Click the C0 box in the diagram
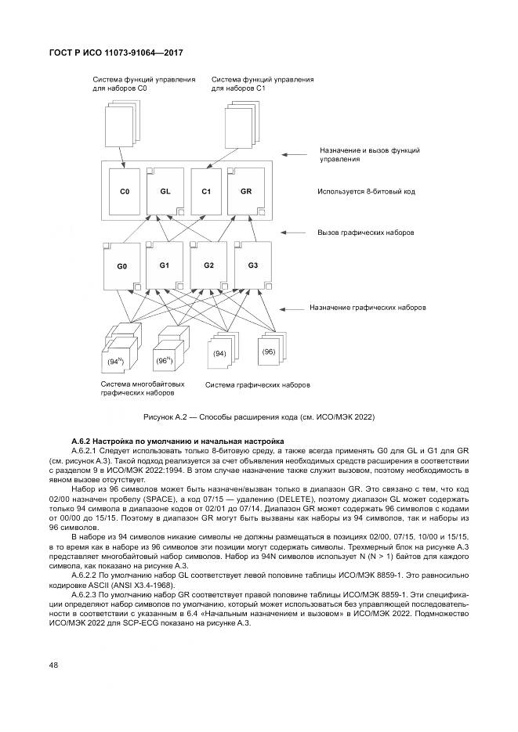coord(124,191)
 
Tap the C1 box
coord(206,191)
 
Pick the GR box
coord(245,191)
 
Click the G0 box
coord(122,266)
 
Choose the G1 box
coord(164,265)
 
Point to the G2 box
coord(208,265)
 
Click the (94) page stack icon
coord(220,352)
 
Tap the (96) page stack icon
coord(271,349)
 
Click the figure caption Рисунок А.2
coord(259,417)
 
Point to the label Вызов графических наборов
coord(365,233)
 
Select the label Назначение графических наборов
coord(368,308)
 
